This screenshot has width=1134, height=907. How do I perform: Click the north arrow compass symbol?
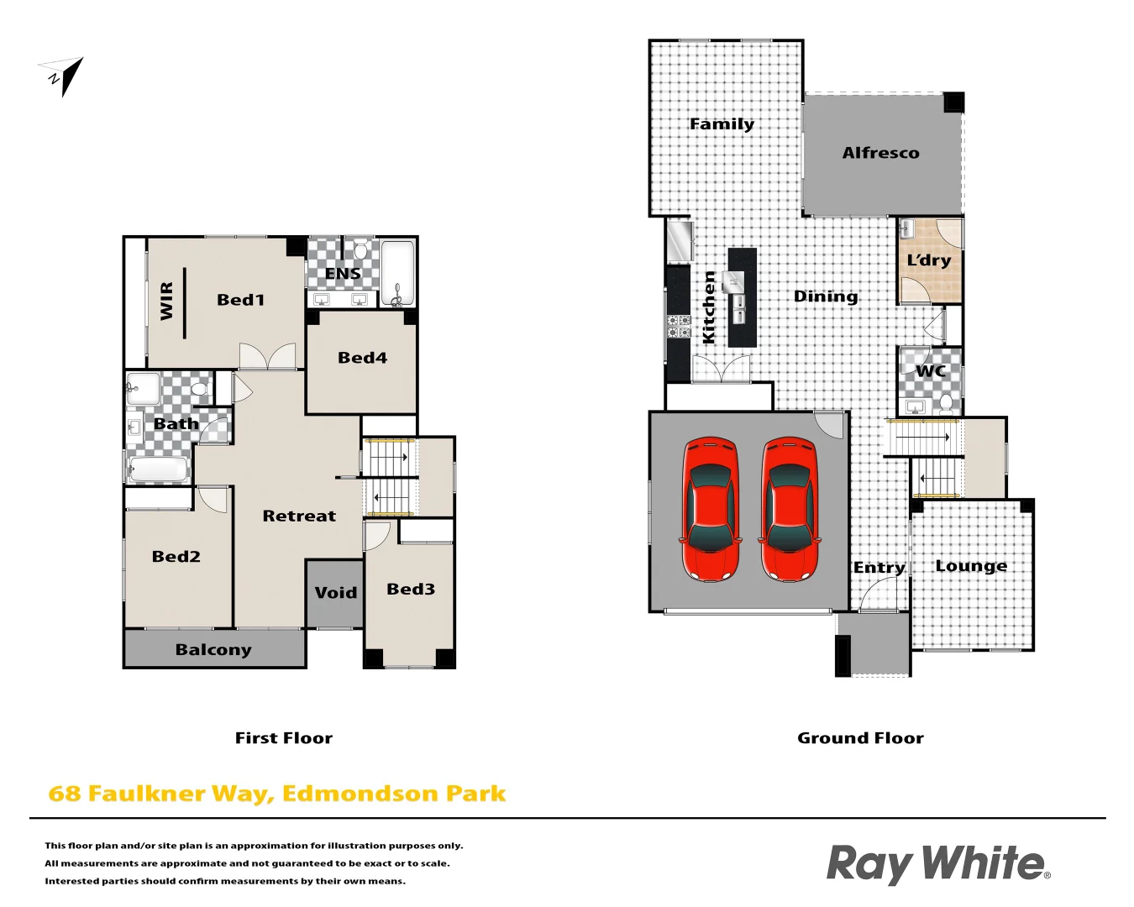pyautogui.click(x=64, y=75)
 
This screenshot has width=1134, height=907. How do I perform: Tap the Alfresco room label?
pyautogui.click(x=880, y=153)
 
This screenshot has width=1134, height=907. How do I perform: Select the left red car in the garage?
pyautogui.click(x=711, y=509)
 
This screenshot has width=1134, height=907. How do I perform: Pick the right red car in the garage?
pyautogui.click(x=789, y=509)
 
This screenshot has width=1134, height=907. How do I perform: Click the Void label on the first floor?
pyautogui.click(x=335, y=593)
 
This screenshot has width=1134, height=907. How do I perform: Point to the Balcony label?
pyautogui.click(x=213, y=649)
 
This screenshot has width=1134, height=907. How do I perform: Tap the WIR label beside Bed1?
pyautogui.click(x=166, y=300)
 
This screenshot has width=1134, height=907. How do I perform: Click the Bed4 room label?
pyautogui.click(x=362, y=358)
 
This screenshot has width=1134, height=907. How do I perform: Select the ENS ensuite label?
pyautogui.click(x=343, y=274)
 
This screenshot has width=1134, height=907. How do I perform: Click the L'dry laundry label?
pyautogui.click(x=929, y=260)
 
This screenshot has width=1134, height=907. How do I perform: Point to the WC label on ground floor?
pyautogui.click(x=931, y=371)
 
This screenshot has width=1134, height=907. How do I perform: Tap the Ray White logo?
pyautogui.click(x=937, y=863)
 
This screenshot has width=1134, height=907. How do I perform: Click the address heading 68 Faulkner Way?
pyautogui.click(x=277, y=794)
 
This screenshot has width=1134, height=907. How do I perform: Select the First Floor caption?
pyautogui.click(x=284, y=738)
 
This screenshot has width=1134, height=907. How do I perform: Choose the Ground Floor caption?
pyautogui.click(x=860, y=738)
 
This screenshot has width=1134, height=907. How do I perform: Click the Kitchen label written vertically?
pyautogui.click(x=708, y=307)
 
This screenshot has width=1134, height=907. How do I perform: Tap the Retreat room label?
pyautogui.click(x=299, y=516)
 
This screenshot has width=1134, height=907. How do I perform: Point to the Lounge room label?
pyautogui.click(x=971, y=566)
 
